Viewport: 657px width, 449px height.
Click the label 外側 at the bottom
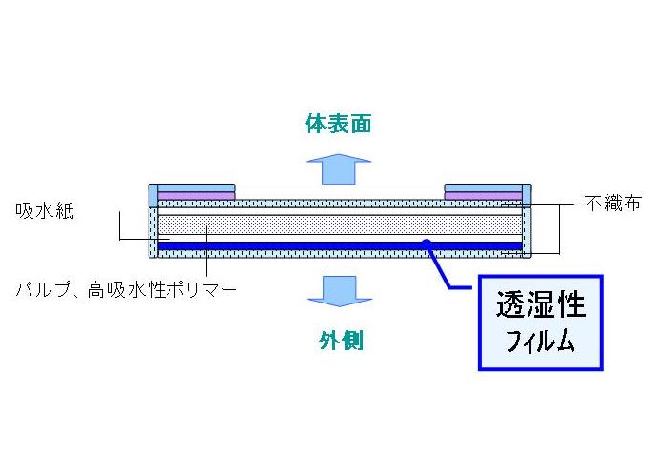pyautogui.click(x=340, y=341)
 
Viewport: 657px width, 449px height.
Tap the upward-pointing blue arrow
pyautogui.click(x=338, y=167)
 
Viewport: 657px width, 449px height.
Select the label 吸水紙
pyautogui.click(x=39, y=210)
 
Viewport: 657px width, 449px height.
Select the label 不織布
pyautogui.click(x=612, y=204)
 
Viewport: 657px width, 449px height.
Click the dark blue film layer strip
pyautogui.click(x=286, y=245)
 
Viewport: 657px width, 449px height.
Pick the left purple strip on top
pyautogui.click(x=195, y=196)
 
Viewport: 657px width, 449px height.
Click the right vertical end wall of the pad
pyautogui.click(x=527, y=228)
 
